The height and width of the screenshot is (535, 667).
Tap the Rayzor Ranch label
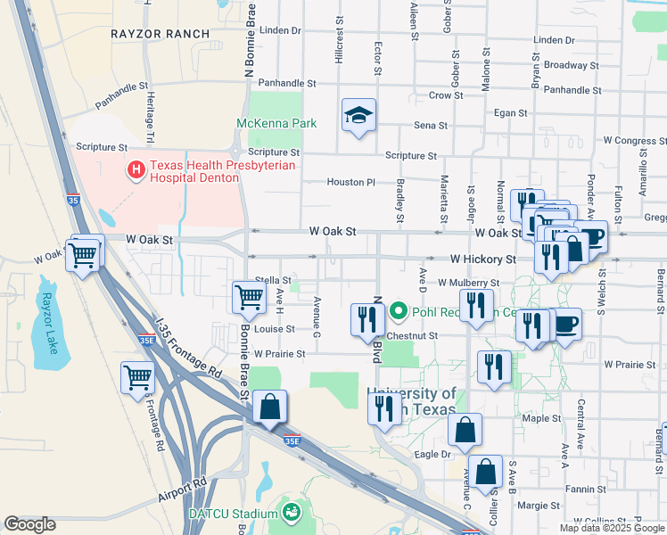point(161,34)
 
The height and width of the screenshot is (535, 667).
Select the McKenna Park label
point(276,123)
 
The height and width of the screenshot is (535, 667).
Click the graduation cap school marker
point(358,115)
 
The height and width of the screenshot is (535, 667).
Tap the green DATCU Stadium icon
point(291,512)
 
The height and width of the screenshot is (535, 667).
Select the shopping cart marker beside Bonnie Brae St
point(249,298)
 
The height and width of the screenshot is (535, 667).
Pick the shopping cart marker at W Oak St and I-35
point(83,255)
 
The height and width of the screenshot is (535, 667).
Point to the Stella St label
point(274,280)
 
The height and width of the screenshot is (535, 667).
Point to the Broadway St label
point(565,65)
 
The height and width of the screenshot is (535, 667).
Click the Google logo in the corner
point(30,524)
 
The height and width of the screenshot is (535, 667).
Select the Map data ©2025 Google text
point(612,528)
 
